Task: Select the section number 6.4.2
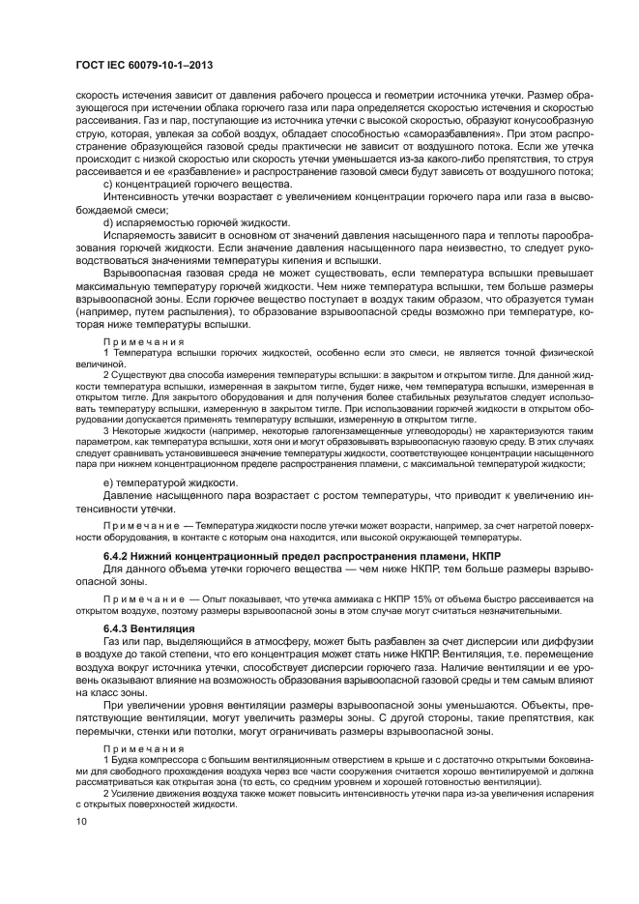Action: pos(117,559)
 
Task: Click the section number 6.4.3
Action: pos(117,628)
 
